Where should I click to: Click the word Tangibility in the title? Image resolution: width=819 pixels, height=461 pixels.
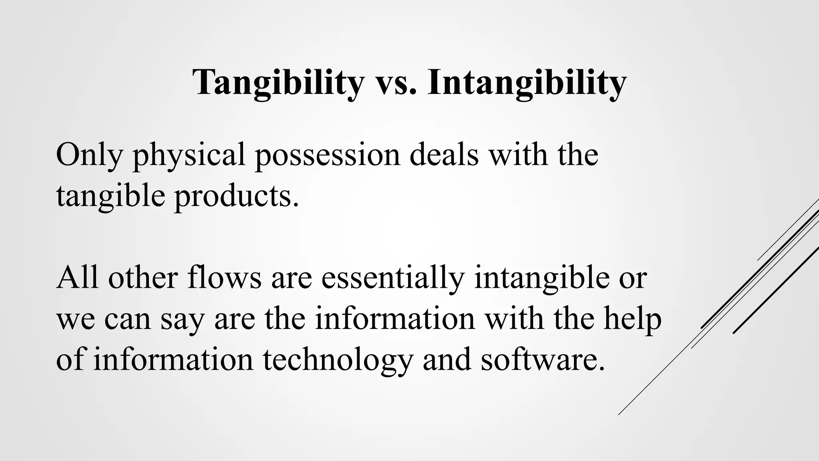coord(278,83)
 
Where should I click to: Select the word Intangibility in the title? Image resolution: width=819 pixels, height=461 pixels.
coord(527,83)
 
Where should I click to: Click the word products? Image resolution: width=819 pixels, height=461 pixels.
coord(236,196)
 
